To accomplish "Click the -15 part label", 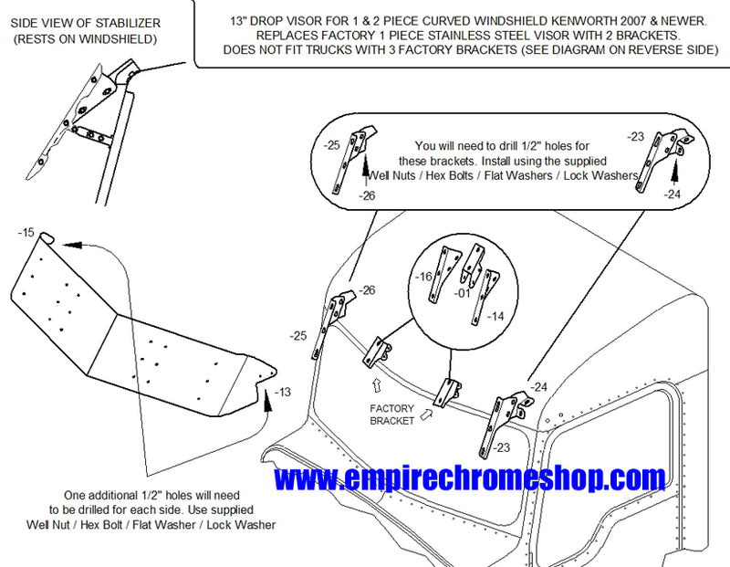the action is coord(26,232).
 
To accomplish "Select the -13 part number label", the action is coord(283,393).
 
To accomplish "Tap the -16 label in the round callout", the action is coord(423,277).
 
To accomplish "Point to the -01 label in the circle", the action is coord(463,293).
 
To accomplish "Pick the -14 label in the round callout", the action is coord(495,316).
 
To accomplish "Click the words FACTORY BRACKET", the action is coord(392,415).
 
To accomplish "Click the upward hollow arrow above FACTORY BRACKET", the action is coord(377,384).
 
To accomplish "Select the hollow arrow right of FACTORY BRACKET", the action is coord(426,415).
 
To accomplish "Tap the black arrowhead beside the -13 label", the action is coord(267,401).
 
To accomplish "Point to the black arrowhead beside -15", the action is coord(73,245).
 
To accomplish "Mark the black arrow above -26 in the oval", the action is coord(367,168).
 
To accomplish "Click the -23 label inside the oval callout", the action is coord(635,137).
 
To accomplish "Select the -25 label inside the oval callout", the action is coord(331,145).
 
